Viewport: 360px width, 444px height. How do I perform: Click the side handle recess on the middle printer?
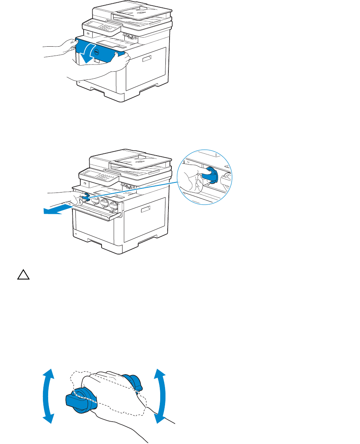146,212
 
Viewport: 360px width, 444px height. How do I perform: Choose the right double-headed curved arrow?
161,395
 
